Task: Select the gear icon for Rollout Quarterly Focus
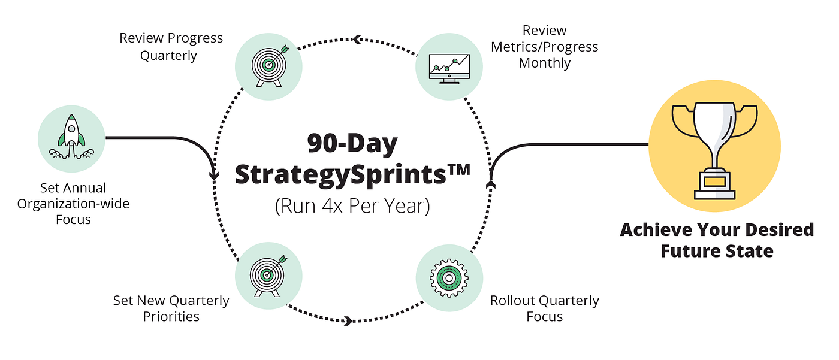click(449, 277)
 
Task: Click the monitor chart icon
click(449, 66)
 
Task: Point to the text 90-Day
click(352, 144)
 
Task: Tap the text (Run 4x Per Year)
click(352, 205)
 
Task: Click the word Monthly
click(544, 63)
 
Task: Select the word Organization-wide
click(73, 204)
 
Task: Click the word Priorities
click(171, 316)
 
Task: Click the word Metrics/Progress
click(544, 47)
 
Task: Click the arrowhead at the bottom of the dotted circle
click(347, 321)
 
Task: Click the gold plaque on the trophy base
click(715, 181)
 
